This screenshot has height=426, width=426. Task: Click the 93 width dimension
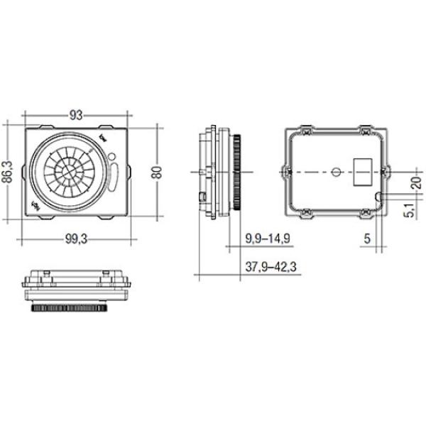pyautogui.click(x=77, y=114)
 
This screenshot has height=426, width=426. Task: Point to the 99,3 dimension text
pyautogui.click(x=76, y=239)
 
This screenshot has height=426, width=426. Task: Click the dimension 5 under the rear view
pyautogui.click(x=367, y=239)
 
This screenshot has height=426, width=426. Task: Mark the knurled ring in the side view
pyautogui.click(x=239, y=170)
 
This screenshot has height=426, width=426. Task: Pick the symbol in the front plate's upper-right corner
pyautogui.click(x=105, y=138)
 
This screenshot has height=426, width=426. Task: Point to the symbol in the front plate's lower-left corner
pyautogui.click(x=35, y=206)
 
